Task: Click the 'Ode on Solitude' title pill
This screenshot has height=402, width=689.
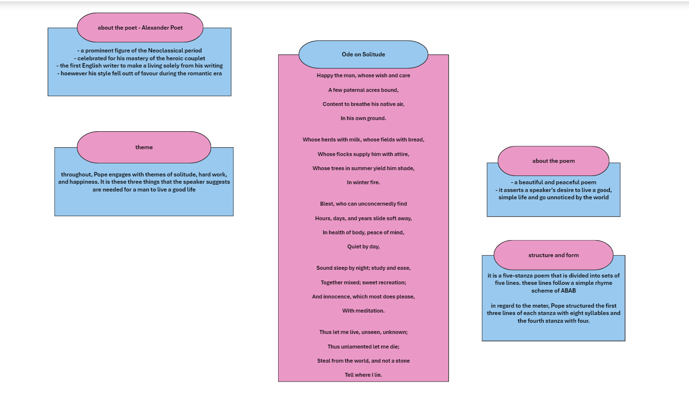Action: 363,54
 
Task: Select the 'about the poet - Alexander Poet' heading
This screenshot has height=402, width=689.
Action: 140,28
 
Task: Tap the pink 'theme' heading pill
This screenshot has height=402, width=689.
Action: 144,147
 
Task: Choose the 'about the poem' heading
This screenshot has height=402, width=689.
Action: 553,161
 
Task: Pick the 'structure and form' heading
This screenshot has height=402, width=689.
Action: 553,255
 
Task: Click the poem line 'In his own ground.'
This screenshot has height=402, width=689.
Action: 363,118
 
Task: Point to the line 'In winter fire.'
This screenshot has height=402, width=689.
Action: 363,182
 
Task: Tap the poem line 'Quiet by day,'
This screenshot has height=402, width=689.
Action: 363,246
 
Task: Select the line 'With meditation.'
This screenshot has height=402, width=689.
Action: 363,311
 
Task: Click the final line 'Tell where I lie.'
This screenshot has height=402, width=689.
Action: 363,375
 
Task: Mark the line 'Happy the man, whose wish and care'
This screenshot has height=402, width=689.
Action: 363,75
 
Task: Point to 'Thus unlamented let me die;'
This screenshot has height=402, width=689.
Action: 363,347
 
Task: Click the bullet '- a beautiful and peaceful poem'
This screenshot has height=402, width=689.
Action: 553,182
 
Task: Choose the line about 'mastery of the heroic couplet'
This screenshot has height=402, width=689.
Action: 140,58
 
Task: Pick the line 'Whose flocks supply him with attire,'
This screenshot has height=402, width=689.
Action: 363,154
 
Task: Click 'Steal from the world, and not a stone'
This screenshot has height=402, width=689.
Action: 363,361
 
